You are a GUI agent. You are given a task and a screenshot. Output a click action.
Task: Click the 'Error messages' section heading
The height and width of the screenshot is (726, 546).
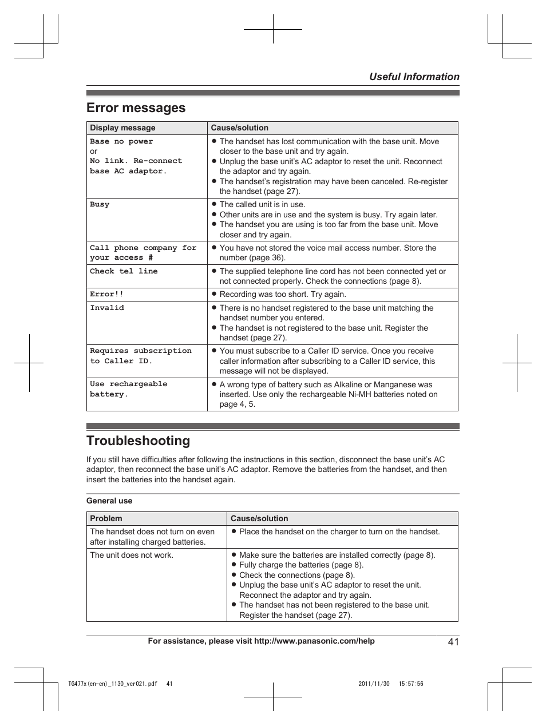click(x=136, y=108)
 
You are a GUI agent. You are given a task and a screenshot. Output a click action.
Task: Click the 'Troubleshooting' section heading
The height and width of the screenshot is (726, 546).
click(x=138, y=441)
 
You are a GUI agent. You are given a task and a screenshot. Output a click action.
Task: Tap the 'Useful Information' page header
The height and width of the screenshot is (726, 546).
click(x=414, y=77)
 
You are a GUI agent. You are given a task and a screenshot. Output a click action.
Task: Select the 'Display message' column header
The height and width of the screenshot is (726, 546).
click(x=122, y=128)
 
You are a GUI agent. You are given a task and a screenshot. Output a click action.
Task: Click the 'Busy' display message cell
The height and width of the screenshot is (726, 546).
click(x=100, y=205)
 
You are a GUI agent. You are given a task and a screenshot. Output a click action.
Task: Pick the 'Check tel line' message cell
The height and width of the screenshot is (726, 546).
click(x=124, y=272)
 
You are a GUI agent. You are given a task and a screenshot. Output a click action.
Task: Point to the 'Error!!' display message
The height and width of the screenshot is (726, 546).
click(x=106, y=295)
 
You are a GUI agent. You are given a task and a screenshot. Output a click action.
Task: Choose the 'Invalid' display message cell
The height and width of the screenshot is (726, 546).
click(x=107, y=308)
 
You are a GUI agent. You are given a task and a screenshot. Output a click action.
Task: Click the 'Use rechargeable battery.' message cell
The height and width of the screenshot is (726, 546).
click(x=129, y=390)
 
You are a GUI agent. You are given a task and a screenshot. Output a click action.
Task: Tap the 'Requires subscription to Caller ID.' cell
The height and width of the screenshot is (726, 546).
click(x=140, y=356)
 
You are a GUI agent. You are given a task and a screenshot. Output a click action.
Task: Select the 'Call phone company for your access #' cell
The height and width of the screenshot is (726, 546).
click(x=143, y=253)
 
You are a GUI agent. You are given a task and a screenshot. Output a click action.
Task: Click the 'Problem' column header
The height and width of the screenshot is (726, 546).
click(x=106, y=519)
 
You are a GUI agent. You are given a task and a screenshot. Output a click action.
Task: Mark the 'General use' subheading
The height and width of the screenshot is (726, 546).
click(x=109, y=501)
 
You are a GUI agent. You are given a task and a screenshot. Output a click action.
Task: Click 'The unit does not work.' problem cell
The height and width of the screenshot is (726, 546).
click(x=132, y=556)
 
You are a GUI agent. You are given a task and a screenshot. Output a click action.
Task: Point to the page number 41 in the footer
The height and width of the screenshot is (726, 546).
click(x=453, y=642)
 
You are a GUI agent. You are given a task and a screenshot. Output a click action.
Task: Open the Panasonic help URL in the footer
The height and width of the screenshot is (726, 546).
click(x=314, y=641)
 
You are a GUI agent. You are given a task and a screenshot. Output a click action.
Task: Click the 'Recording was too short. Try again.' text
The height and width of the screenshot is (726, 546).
click(x=282, y=295)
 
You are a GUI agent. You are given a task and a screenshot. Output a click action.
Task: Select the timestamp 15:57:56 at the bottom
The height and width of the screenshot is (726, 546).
click(x=411, y=684)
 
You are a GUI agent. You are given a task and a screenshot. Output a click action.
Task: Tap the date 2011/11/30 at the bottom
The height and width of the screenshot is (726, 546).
click(x=374, y=684)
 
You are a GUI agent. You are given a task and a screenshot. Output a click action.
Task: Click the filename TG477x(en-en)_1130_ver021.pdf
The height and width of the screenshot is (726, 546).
click(x=112, y=684)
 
